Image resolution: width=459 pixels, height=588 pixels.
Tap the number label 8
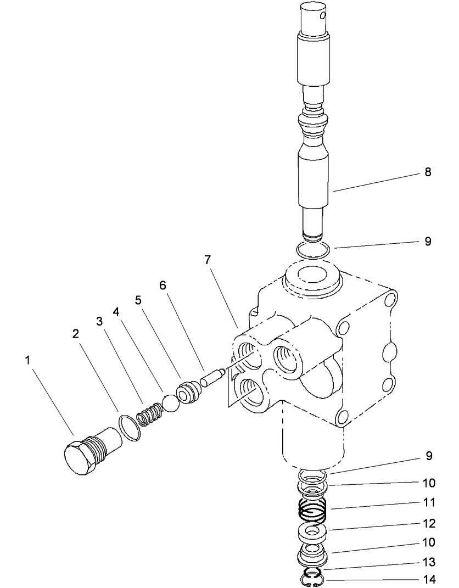coord(428,172)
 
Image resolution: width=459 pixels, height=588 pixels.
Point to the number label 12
coord(429,523)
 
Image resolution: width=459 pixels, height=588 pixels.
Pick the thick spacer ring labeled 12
coord(313,531)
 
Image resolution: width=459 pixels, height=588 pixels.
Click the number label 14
coord(429,580)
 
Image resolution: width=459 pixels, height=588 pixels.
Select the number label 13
coord(429,562)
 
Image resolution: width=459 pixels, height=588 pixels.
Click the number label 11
coord(429,502)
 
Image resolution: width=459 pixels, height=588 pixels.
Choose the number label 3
coord(99,322)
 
